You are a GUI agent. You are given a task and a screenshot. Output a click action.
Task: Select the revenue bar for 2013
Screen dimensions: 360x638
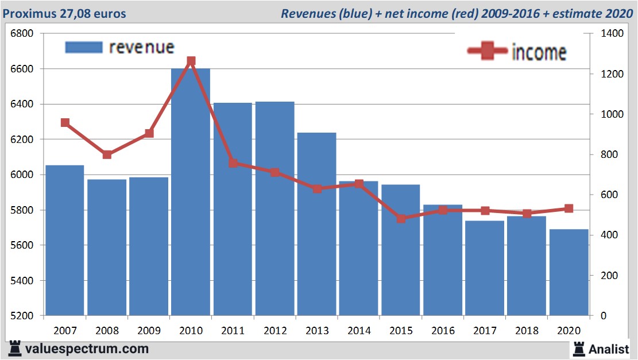316,224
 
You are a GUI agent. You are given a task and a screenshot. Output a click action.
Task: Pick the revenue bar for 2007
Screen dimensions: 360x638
65,241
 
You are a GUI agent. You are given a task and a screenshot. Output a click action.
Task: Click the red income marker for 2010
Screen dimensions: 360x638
191,61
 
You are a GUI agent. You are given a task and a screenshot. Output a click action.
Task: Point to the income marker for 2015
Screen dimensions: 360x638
401,219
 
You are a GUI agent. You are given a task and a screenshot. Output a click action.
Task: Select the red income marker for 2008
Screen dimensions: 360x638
107,154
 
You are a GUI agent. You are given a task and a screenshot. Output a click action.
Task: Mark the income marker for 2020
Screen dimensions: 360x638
569,208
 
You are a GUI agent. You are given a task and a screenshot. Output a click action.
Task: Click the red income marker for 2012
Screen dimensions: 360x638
274,172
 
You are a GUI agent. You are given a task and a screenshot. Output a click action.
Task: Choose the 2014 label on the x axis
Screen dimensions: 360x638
358,331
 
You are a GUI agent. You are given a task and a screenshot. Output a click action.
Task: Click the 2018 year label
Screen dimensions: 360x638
527,331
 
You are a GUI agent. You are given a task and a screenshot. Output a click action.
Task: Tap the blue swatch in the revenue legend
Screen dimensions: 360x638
84,47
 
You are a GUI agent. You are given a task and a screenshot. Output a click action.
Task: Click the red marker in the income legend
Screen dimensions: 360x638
488,52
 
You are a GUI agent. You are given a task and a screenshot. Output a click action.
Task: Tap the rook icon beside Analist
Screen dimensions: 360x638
579,348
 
